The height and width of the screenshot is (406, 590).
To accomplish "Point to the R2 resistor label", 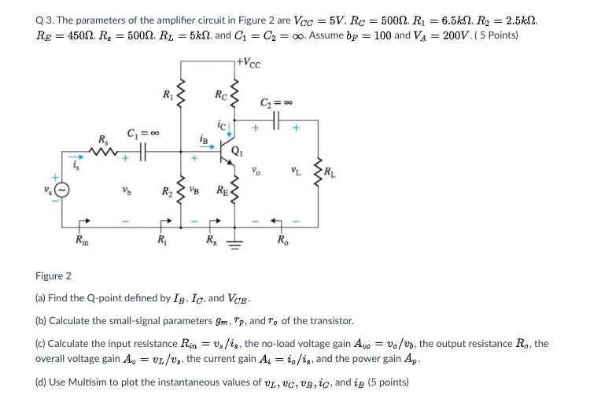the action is click(x=167, y=192).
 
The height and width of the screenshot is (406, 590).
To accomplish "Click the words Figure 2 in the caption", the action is click(x=53, y=276).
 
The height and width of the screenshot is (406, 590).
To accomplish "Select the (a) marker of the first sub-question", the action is click(x=41, y=298).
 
